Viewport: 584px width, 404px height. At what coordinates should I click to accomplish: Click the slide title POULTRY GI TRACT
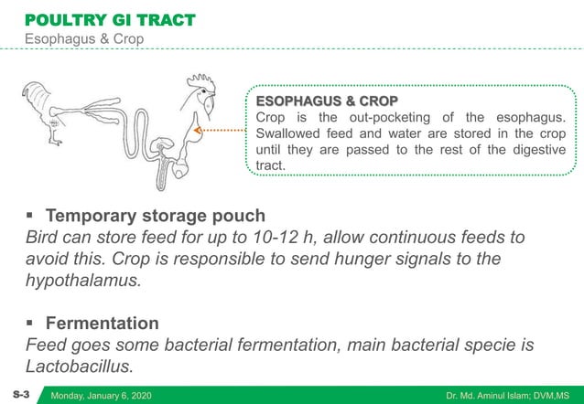click(109, 19)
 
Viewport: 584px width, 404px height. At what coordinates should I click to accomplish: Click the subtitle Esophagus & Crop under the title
click(83, 40)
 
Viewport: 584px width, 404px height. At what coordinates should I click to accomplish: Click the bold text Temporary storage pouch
click(156, 217)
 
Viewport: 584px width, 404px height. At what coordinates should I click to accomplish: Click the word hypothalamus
click(82, 281)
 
